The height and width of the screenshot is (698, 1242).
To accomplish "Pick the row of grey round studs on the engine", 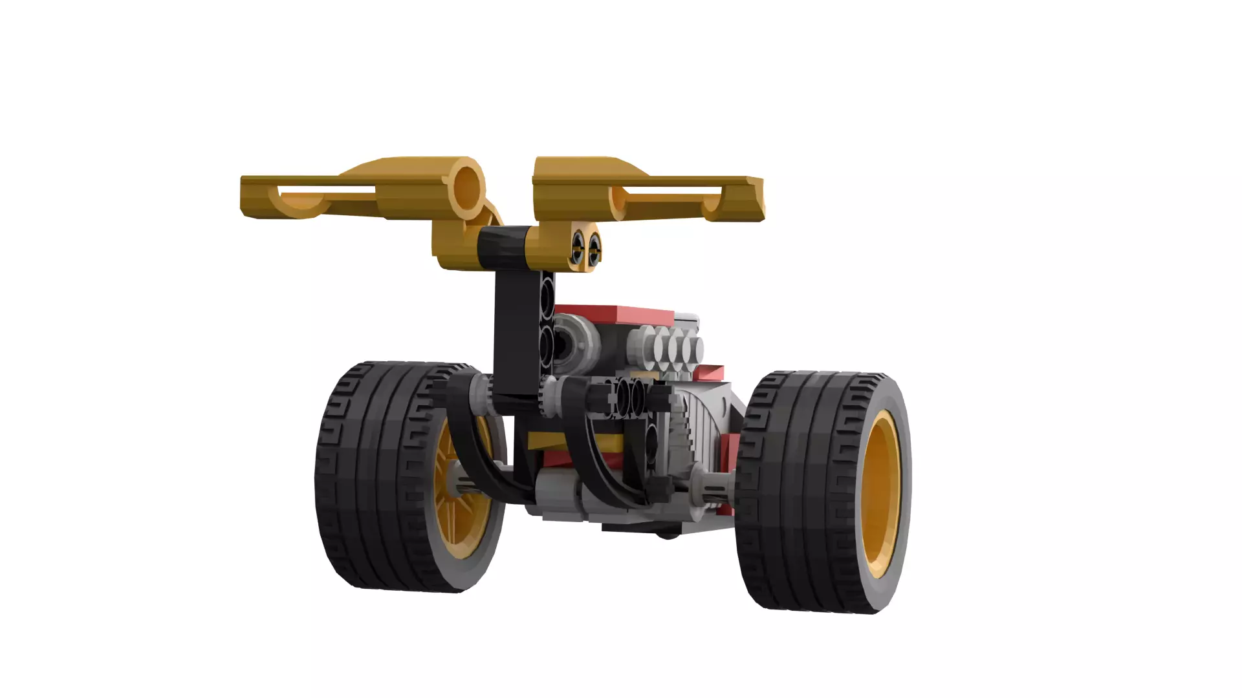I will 670,349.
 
